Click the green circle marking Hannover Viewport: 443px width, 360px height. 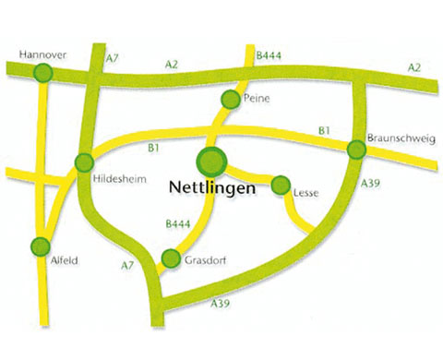(x=42, y=75)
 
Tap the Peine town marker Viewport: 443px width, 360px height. (x=232, y=99)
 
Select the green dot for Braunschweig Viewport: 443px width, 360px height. (x=355, y=149)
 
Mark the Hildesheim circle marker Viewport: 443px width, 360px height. (x=84, y=163)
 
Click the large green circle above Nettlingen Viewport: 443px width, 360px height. (x=212, y=161)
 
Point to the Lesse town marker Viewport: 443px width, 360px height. (x=281, y=185)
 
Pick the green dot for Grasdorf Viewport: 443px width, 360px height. (x=170, y=258)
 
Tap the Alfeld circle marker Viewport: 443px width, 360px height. (x=40, y=246)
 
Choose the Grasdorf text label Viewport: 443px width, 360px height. (x=206, y=261)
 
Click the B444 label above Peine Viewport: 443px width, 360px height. (x=268, y=57)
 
